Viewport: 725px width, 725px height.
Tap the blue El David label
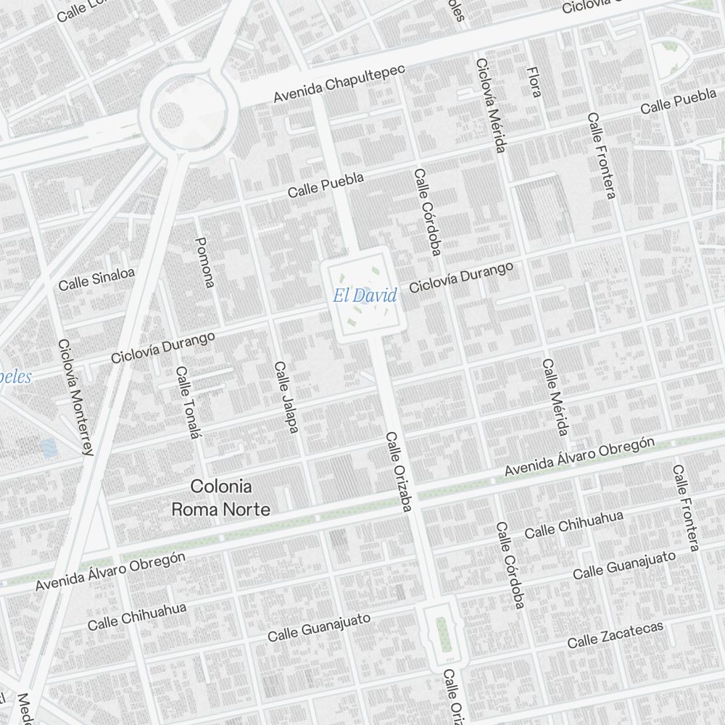coord(365,296)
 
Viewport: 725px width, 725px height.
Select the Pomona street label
coord(205,262)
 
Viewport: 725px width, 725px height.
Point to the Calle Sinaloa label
coord(96,280)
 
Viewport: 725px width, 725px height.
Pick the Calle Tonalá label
coord(187,402)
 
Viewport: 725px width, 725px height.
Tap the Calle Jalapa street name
coord(286,397)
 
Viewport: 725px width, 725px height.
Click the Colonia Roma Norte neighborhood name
coord(220,498)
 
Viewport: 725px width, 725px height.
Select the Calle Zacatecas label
coord(615,635)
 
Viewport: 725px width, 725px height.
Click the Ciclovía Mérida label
coord(490,106)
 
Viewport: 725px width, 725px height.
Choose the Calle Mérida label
coord(554,397)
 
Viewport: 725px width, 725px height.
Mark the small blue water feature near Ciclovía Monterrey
coord(49,447)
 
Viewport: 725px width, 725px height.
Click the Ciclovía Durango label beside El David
coord(461,278)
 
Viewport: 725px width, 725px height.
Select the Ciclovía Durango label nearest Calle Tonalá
coord(163,347)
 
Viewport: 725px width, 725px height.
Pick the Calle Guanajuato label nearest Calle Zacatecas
coord(624,565)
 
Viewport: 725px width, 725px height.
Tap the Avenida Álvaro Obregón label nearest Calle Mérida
coord(580,457)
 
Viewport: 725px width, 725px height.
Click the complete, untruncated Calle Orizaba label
coord(398,473)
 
